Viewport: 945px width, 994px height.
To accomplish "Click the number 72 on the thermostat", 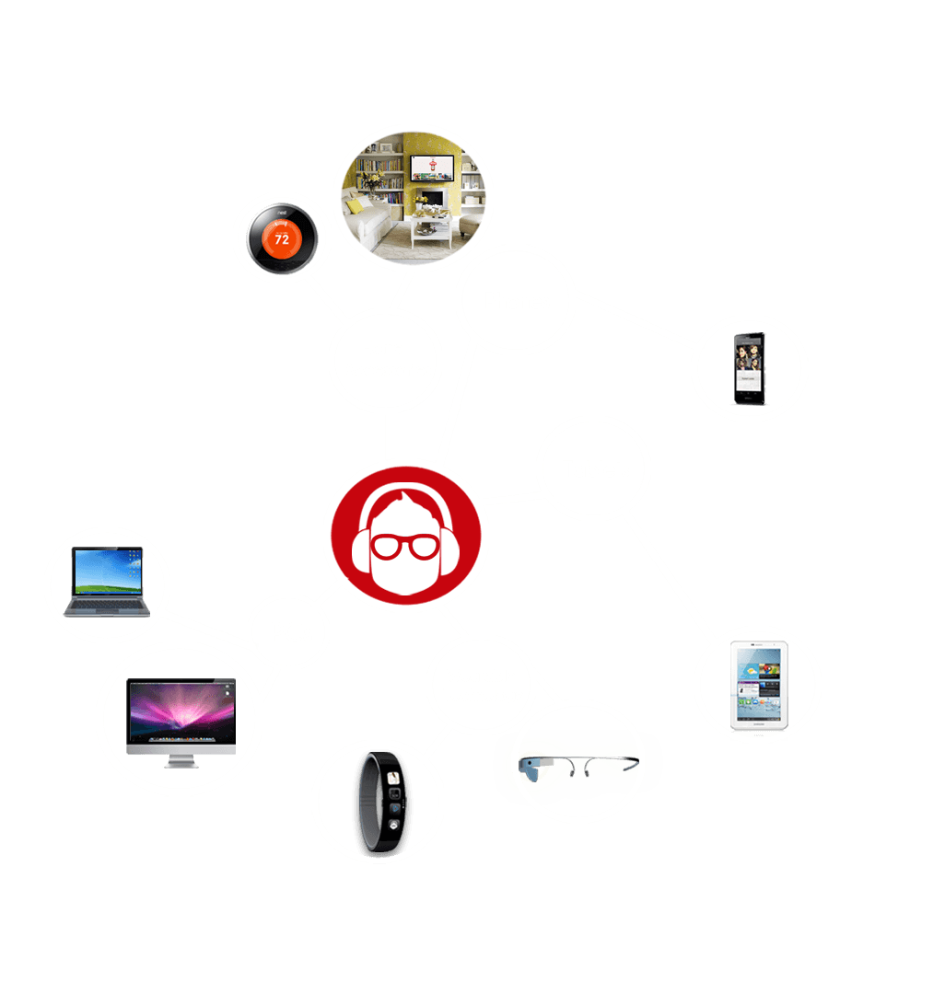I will coord(282,238).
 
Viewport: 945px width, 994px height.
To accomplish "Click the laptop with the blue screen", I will coord(108,582).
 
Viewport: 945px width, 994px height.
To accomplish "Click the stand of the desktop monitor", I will coord(181,761).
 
